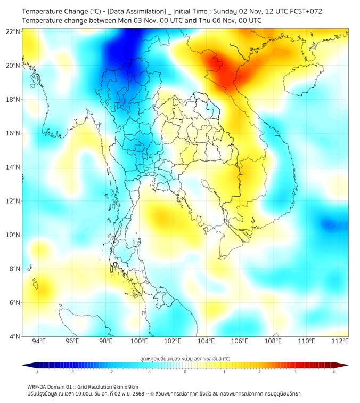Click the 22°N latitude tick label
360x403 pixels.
13,31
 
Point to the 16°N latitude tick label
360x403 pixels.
13,133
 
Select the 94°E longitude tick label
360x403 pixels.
39,341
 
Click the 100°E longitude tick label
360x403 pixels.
140,341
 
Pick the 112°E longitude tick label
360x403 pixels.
340,341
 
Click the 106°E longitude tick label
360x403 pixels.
240,341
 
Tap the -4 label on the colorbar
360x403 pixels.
36,372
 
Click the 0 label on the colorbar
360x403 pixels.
185,372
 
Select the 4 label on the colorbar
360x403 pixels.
334,372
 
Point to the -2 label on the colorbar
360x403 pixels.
110,372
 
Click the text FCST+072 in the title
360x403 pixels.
306,11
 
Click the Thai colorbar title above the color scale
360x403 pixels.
185,359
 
